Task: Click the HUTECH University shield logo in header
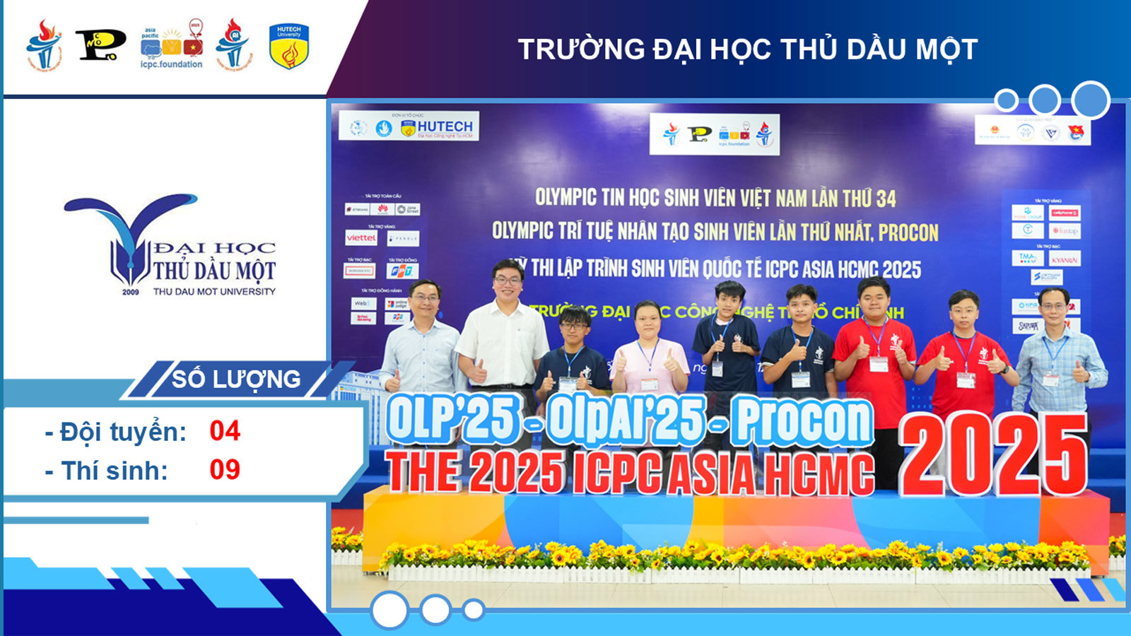[x=288, y=47]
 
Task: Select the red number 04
[x=225, y=431]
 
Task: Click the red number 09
[x=225, y=470]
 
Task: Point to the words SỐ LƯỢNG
[x=236, y=379]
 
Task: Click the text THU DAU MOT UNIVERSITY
[x=214, y=291]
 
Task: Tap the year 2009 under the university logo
[x=131, y=292]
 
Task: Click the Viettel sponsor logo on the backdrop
[x=361, y=238]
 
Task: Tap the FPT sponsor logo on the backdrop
[x=402, y=271]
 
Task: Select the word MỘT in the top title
[x=945, y=49]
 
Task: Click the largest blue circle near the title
[x=1091, y=100]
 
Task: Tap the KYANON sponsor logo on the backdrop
[x=1064, y=259]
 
